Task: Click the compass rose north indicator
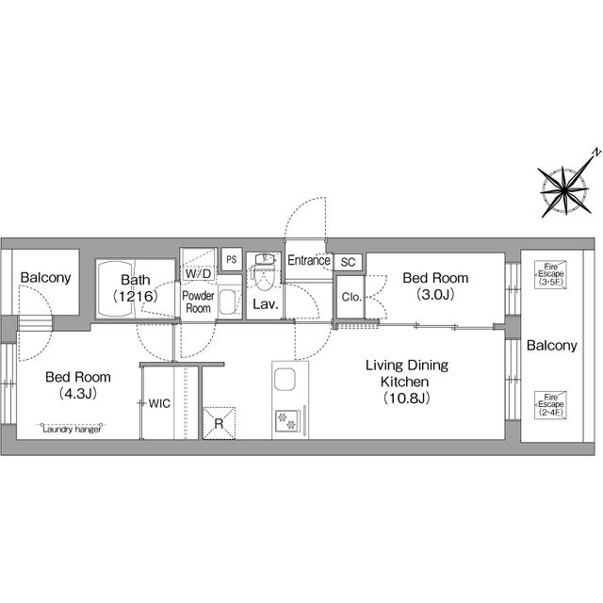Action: pos(564,189)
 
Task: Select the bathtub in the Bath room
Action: pos(115,289)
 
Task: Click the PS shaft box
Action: pos(232,259)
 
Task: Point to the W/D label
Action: pos(198,273)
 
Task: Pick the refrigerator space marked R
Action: pos(219,423)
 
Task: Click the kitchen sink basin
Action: pos(285,379)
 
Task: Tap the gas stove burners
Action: pos(287,420)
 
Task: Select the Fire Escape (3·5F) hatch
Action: pos(550,274)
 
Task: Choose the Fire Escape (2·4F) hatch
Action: pos(550,405)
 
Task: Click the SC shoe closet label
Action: pos(348,262)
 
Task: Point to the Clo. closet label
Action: pos(351,297)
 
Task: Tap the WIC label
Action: pos(159,403)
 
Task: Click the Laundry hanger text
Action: pos(72,430)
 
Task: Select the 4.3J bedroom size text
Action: pos(78,394)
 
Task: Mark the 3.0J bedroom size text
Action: pos(435,294)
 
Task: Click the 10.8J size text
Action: pos(407,398)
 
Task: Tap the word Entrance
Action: pos(309,260)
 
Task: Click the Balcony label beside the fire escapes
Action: pos(552,346)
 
